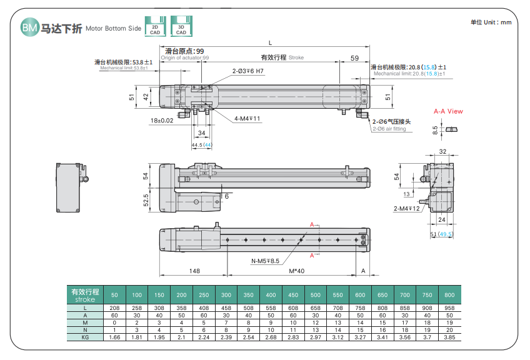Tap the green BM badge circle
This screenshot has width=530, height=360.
pos(29,27)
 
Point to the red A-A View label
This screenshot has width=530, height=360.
pos(448,111)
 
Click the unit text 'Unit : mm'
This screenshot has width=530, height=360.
pos(491,22)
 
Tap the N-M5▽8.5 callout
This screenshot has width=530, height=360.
pos(266,261)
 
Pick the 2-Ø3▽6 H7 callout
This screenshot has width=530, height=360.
pos(248,72)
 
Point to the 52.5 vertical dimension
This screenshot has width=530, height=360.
pos(146,200)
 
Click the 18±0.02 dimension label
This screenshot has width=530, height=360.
pos(162,120)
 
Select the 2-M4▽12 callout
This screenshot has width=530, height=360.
pos(407,209)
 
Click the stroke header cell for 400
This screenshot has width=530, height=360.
pos(271,295)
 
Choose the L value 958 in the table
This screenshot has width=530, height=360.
pos(449,309)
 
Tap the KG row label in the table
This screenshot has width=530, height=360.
pos(84,337)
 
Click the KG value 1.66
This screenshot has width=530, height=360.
pos(114,337)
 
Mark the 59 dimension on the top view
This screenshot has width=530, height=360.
pos(354,58)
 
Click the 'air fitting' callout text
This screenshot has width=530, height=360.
pos(389,129)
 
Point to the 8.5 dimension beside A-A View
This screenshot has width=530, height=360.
pos(435,130)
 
